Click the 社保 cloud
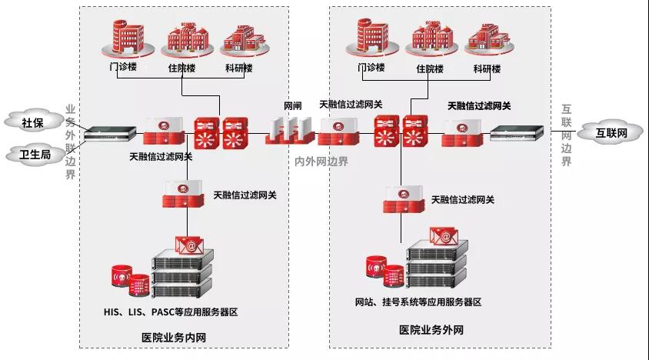coord(32,122)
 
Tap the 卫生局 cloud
coord(35,155)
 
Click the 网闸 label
coord(292,104)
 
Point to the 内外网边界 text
coord(321,162)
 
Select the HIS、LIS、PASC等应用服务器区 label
coord(171,312)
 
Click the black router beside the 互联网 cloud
coord(521,134)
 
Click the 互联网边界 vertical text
coord(567,135)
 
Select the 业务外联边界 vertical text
coord(71,142)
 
